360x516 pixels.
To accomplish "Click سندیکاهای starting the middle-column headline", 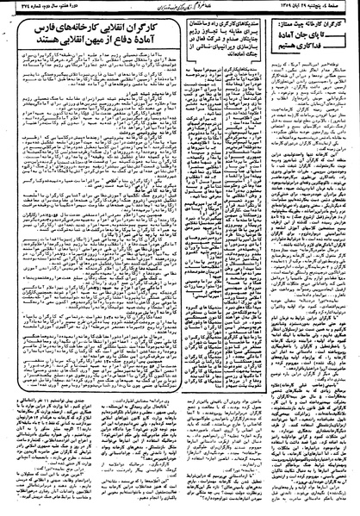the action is [x=258, y=22].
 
